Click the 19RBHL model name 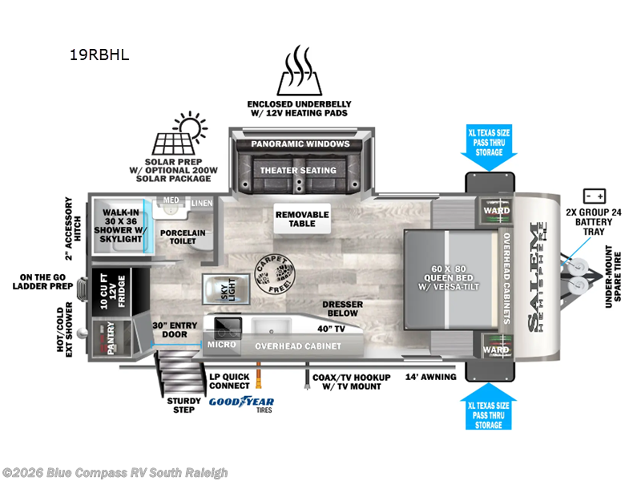pyautogui.click(x=99, y=55)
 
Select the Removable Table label pyautogui.click(x=302, y=219)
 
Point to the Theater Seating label pyautogui.click(x=297, y=170)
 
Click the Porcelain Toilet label pyautogui.click(x=182, y=236)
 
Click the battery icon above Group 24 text pyautogui.click(x=595, y=196)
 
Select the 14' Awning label pyautogui.click(x=430, y=377)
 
